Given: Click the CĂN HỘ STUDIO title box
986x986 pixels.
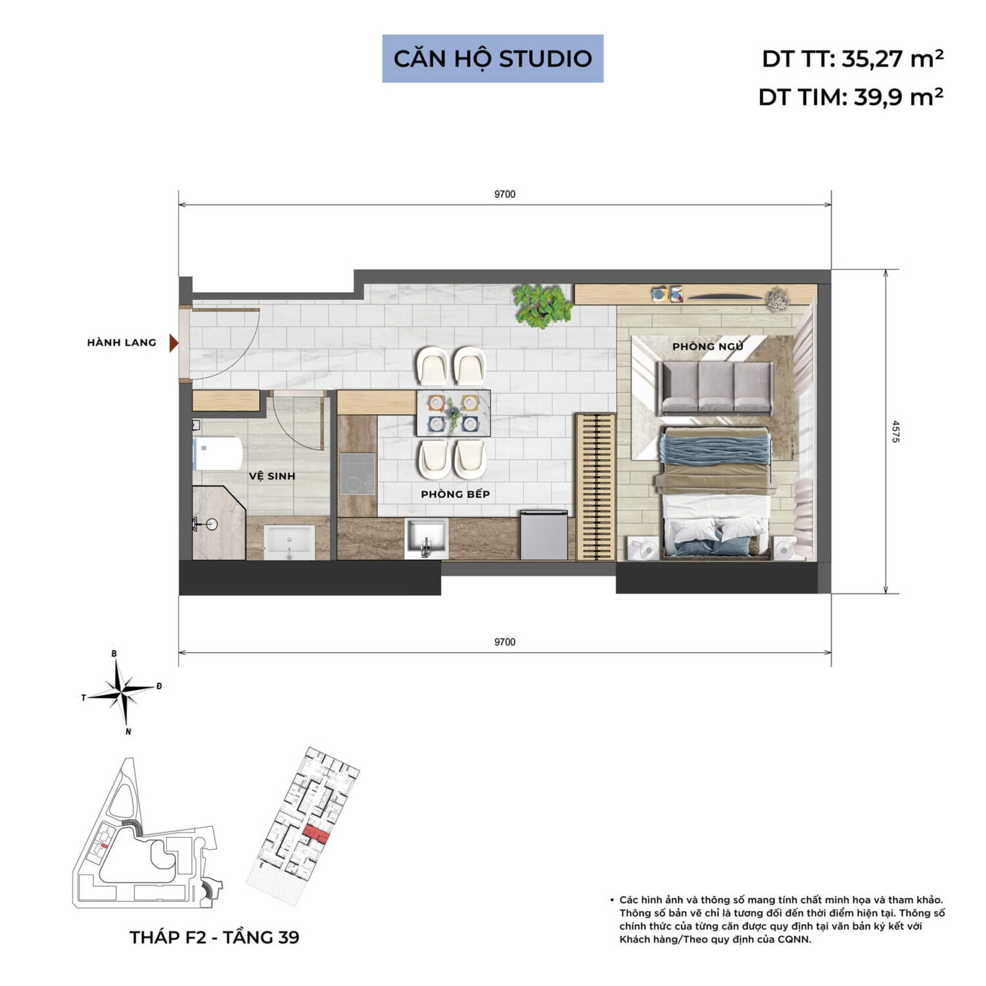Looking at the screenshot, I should tap(492, 59).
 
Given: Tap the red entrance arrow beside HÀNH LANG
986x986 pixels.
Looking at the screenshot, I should tap(174, 342).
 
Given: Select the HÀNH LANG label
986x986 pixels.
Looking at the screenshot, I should tap(122, 342).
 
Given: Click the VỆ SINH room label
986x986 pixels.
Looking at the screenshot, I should tap(272, 476).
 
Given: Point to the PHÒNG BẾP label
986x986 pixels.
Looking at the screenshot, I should tap(456, 494).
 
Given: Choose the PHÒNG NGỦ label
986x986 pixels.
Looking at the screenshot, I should tap(708, 346).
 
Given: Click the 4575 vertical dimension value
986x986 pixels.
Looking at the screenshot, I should tap(895, 431).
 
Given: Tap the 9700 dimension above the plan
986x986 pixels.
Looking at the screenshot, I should tap(505, 195).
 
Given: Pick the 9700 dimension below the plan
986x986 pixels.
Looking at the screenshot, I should tap(505, 642).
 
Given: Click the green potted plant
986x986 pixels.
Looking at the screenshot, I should tap(542, 306).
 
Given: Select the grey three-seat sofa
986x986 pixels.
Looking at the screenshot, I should tap(716, 388).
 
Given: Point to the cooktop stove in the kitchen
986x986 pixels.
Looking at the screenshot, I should tap(357, 474).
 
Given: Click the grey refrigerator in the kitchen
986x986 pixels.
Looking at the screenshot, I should tap(544, 535).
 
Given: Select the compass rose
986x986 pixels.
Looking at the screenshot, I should tap(122, 692).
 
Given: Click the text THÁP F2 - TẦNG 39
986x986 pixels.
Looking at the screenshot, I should tap(214, 937).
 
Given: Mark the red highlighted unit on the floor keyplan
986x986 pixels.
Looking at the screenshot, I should tap(315, 833).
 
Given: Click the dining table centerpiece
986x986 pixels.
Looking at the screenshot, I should tap(454, 413).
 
